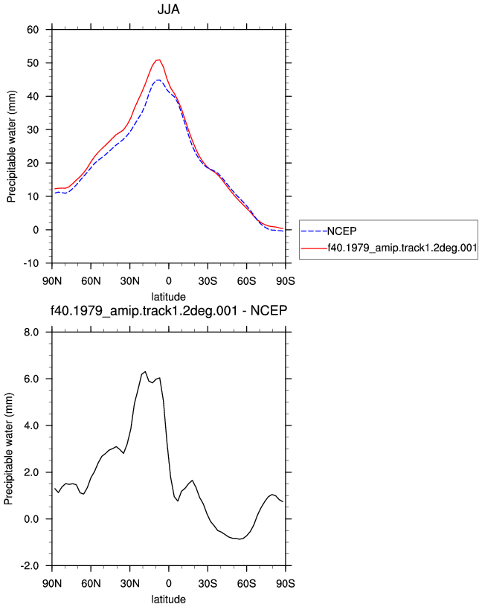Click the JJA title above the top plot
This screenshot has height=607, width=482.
(x=168, y=9)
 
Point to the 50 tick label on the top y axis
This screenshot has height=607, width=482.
(x=33, y=62)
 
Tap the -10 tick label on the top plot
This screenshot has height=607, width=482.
(x=31, y=263)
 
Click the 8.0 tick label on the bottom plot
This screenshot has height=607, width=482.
(x=31, y=333)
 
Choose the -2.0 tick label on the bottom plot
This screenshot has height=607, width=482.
(x=30, y=566)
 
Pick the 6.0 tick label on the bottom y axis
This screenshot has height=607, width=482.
(x=31, y=379)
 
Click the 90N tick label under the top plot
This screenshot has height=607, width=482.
(x=52, y=280)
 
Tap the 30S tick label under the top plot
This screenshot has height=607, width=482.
(x=208, y=280)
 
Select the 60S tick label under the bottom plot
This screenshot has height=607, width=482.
(x=247, y=583)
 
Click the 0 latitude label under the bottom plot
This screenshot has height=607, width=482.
(x=168, y=583)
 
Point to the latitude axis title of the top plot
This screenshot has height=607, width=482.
(x=168, y=297)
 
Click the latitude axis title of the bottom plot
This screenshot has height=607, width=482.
(x=168, y=600)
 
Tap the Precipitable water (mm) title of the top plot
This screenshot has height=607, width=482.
(x=11, y=147)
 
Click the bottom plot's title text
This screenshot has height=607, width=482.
(x=169, y=310)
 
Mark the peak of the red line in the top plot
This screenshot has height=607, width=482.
(x=158, y=60)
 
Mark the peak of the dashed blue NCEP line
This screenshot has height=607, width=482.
(x=158, y=80)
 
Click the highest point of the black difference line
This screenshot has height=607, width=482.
(x=145, y=372)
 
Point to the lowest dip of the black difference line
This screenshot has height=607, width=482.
(x=240, y=539)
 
